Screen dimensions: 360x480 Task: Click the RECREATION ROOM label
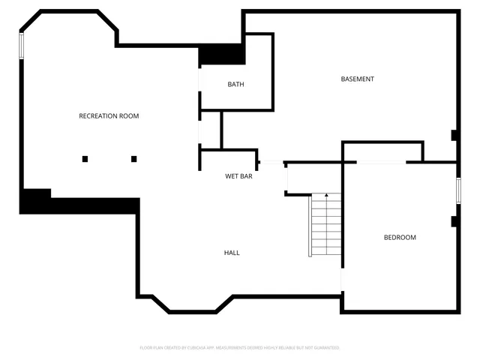click(109, 116)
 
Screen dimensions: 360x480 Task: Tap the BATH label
click(235, 85)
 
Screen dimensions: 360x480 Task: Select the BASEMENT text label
click(357, 79)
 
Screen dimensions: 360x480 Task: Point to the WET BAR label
click(238, 176)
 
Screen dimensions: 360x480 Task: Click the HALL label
click(232, 253)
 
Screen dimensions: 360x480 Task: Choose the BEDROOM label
click(400, 238)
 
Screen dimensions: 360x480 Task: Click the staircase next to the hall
click(326, 225)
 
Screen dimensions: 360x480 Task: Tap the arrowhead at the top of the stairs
click(326, 195)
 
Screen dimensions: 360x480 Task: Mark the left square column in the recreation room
click(85, 158)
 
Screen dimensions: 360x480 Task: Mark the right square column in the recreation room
click(134, 158)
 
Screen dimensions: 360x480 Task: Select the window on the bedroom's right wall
click(457, 190)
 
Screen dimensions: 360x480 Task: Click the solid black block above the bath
click(222, 55)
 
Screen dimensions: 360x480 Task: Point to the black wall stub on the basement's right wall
click(454, 136)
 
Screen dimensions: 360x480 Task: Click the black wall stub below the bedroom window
click(454, 221)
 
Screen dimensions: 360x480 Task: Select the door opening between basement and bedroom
click(382, 162)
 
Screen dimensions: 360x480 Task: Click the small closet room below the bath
click(210, 130)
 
